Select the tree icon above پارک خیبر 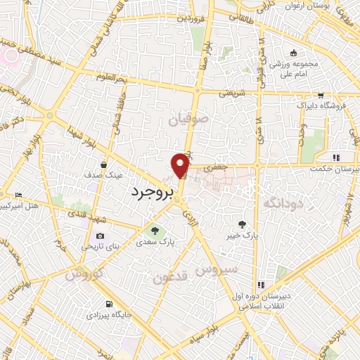pos(243,224)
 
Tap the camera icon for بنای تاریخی pos(100,236)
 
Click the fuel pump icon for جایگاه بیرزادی pos(108,304)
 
